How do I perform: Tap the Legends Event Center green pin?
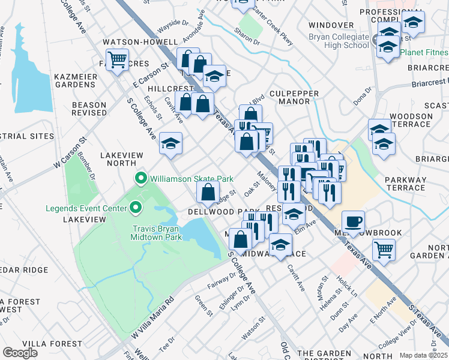135,209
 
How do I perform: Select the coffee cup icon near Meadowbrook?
353,221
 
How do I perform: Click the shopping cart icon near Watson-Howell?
117,59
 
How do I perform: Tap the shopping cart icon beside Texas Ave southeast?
384,248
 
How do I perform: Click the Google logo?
20,353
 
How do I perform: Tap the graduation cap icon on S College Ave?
171,144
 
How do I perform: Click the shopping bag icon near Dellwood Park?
208,193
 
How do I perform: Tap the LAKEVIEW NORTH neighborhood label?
121,159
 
